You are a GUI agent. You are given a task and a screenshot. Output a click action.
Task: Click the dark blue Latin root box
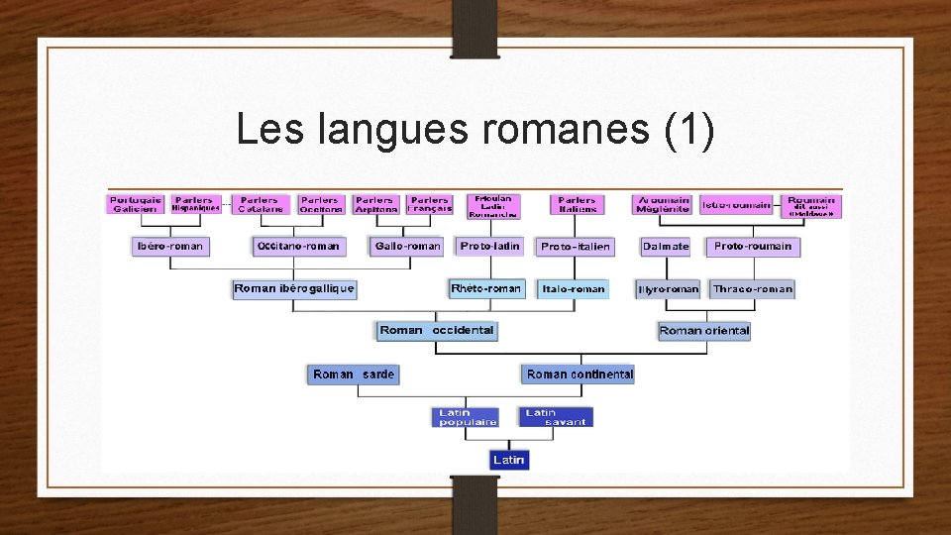pyautogui.click(x=509, y=460)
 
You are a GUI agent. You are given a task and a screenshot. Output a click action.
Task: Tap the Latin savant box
pyautogui.click(x=555, y=417)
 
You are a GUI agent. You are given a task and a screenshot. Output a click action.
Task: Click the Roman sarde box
pyautogui.click(x=353, y=374)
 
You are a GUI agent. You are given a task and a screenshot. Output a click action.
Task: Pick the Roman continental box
pyautogui.click(x=579, y=374)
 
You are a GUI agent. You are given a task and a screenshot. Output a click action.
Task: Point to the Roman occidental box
pyautogui.click(x=436, y=330)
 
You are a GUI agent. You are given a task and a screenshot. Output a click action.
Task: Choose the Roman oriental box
pyautogui.click(x=704, y=331)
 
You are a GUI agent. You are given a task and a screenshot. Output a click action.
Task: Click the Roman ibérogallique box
pyautogui.click(x=294, y=288)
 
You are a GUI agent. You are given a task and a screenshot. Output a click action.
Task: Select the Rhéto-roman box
pyautogui.click(x=485, y=288)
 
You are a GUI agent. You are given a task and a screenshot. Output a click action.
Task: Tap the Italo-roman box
pyautogui.click(x=573, y=289)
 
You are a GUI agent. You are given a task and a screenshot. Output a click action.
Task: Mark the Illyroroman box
pyautogui.click(x=668, y=289)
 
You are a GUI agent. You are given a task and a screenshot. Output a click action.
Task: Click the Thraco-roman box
pyautogui.click(x=753, y=289)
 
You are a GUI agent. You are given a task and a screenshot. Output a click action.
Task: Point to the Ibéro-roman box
pyautogui.click(x=170, y=246)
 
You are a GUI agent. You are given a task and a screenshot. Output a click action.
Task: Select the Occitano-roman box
pyautogui.click(x=298, y=246)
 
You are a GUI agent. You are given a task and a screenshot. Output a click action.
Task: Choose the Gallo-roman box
pyautogui.click(x=407, y=246)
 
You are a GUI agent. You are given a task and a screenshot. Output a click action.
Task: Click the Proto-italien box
pyautogui.click(x=576, y=246)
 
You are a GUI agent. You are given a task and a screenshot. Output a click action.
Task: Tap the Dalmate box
pyautogui.click(x=665, y=246)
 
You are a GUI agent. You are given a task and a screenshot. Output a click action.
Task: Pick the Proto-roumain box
pyautogui.click(x=753, y=246)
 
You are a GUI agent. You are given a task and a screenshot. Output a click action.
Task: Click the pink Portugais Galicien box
pyautogui.click(x=136, y=204)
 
